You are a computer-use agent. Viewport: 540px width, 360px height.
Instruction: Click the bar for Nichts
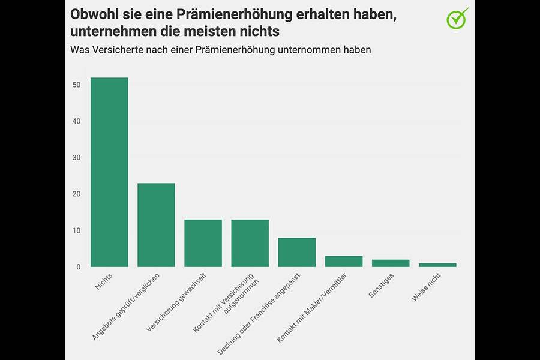click(x=109, y=172)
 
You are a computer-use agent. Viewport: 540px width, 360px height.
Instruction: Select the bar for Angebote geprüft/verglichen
click(x=156, y=225)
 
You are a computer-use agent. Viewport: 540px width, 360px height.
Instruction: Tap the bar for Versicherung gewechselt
click(x=203, y=243)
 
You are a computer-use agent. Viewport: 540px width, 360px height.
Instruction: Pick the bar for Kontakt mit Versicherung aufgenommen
click(x=250, y=243)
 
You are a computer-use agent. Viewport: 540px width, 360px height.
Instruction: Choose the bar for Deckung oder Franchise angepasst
click(x=296, y=252)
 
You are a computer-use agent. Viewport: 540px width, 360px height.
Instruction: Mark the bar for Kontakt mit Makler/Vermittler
click(x=344, y=262)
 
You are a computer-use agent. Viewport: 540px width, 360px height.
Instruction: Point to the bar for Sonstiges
click(x=391, y=263)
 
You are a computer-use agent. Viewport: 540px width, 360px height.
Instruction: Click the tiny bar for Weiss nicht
click(x=437, y=265)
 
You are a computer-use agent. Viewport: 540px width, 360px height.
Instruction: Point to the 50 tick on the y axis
click(x=76, y=85)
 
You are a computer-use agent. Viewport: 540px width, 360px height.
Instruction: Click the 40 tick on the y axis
click(x=76, y=121)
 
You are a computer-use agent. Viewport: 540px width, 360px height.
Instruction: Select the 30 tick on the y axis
click(x=76, y=158)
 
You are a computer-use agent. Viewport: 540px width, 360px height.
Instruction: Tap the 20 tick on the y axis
click(x=76, y=194)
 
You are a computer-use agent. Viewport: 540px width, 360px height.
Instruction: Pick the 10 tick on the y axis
click(x=76, y=231)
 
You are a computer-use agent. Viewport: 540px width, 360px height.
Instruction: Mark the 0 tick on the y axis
click(x=78, y=267)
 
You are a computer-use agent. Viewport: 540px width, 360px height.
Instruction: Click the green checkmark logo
click(x=458, y=18)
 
